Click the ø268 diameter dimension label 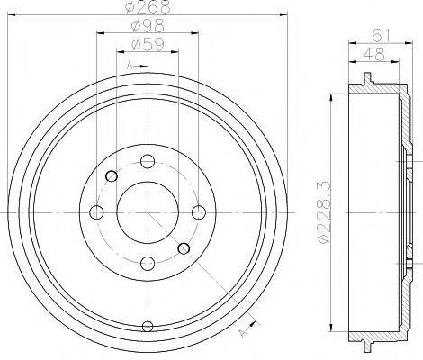(148, 6)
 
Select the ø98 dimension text (148, 26)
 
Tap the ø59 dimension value (148, 45)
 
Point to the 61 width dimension (381, 36)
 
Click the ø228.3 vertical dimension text (325, 212)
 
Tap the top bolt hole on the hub (148, 161)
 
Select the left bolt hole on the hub (96, 212)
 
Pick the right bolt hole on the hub (199, 212)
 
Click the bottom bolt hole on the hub (148, 264)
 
